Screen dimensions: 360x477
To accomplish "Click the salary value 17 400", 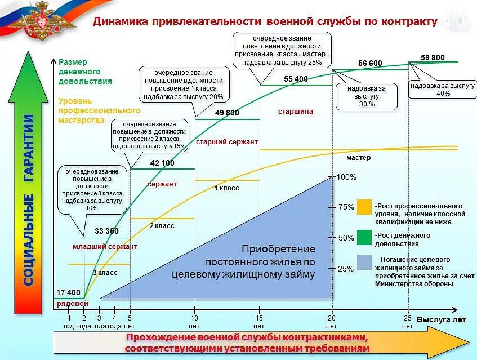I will [x=69, y=292].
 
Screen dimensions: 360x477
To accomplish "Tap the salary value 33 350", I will [x=106, y=231].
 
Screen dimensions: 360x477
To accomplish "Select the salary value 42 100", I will [x=162, y=163].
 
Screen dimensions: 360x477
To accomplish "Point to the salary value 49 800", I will [x=227, y=113].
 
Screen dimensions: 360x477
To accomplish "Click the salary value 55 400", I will [x=296, y=79].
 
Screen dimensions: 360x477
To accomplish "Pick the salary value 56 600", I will [x=370, y=63].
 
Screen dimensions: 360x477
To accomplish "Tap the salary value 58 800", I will [x=433, y=57].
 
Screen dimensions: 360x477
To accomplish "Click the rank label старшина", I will [x=295, y=112].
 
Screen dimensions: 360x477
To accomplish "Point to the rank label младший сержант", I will [x=105, y=247].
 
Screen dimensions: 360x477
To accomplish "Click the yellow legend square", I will [x=364, y=207].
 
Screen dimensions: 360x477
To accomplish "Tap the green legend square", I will [x=364, y=237].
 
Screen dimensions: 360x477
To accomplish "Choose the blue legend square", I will [x=364, y=263].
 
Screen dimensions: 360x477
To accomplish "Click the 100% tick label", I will [x=346, y=177].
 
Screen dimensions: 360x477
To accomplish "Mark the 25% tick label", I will [x=345, y=268].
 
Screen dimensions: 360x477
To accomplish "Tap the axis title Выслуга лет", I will [x=441, y=319].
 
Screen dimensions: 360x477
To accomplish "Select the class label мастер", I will [x=359, y=158].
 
